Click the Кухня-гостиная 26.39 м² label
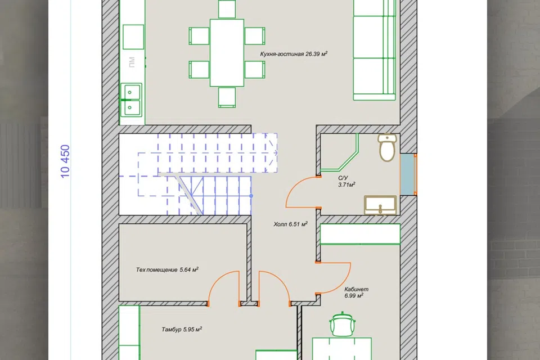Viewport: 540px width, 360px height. coord(294,54)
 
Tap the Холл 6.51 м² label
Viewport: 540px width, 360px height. coord(290,224)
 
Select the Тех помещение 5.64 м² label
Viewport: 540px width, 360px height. coord(167,269)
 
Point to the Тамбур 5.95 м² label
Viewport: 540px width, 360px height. coord(182,329)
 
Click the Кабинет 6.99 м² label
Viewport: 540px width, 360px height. coord(356,292)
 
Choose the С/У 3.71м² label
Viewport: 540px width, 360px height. coord(346,181)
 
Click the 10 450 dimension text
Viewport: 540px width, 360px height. coord(65,161)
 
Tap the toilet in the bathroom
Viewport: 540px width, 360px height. coord(388,147)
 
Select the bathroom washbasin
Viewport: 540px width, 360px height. coord(381,205)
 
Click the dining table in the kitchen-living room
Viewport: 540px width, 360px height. coord(227,53)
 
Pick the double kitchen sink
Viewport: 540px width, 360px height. coord(130,100)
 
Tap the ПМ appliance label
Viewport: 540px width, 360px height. coord(132,62)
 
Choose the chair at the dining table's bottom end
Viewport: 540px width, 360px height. coord(227,97)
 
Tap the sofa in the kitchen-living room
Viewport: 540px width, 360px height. coord(375,50)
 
